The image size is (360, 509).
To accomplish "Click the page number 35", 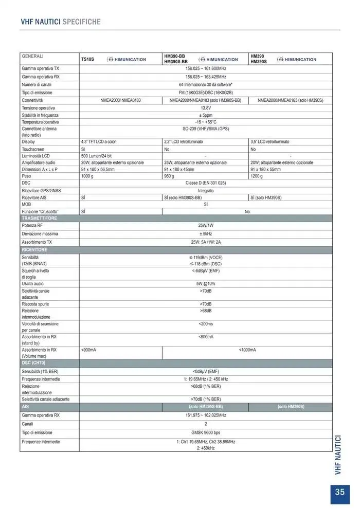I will (339, 492).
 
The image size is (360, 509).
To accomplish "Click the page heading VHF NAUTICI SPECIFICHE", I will (60, 22).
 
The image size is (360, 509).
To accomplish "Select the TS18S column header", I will (87, 60).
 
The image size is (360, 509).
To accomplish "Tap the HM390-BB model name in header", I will (174, 56).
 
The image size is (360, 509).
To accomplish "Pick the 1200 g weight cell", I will (257, 176).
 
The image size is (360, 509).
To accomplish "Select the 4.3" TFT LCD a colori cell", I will (102, 141).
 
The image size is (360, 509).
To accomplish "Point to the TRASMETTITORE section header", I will (40, 219).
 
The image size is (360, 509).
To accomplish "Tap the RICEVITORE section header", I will (34, 249).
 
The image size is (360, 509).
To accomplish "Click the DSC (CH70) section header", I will (34, 362).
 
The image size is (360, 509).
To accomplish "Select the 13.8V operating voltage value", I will (206, 108).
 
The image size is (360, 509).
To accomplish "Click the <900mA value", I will (89, 350).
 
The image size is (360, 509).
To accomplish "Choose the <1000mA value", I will (247, 350).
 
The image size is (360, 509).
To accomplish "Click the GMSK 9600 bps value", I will (206, 433).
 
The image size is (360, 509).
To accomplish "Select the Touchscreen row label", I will (33, 149).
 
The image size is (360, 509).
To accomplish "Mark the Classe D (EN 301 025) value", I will (206, 183).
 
